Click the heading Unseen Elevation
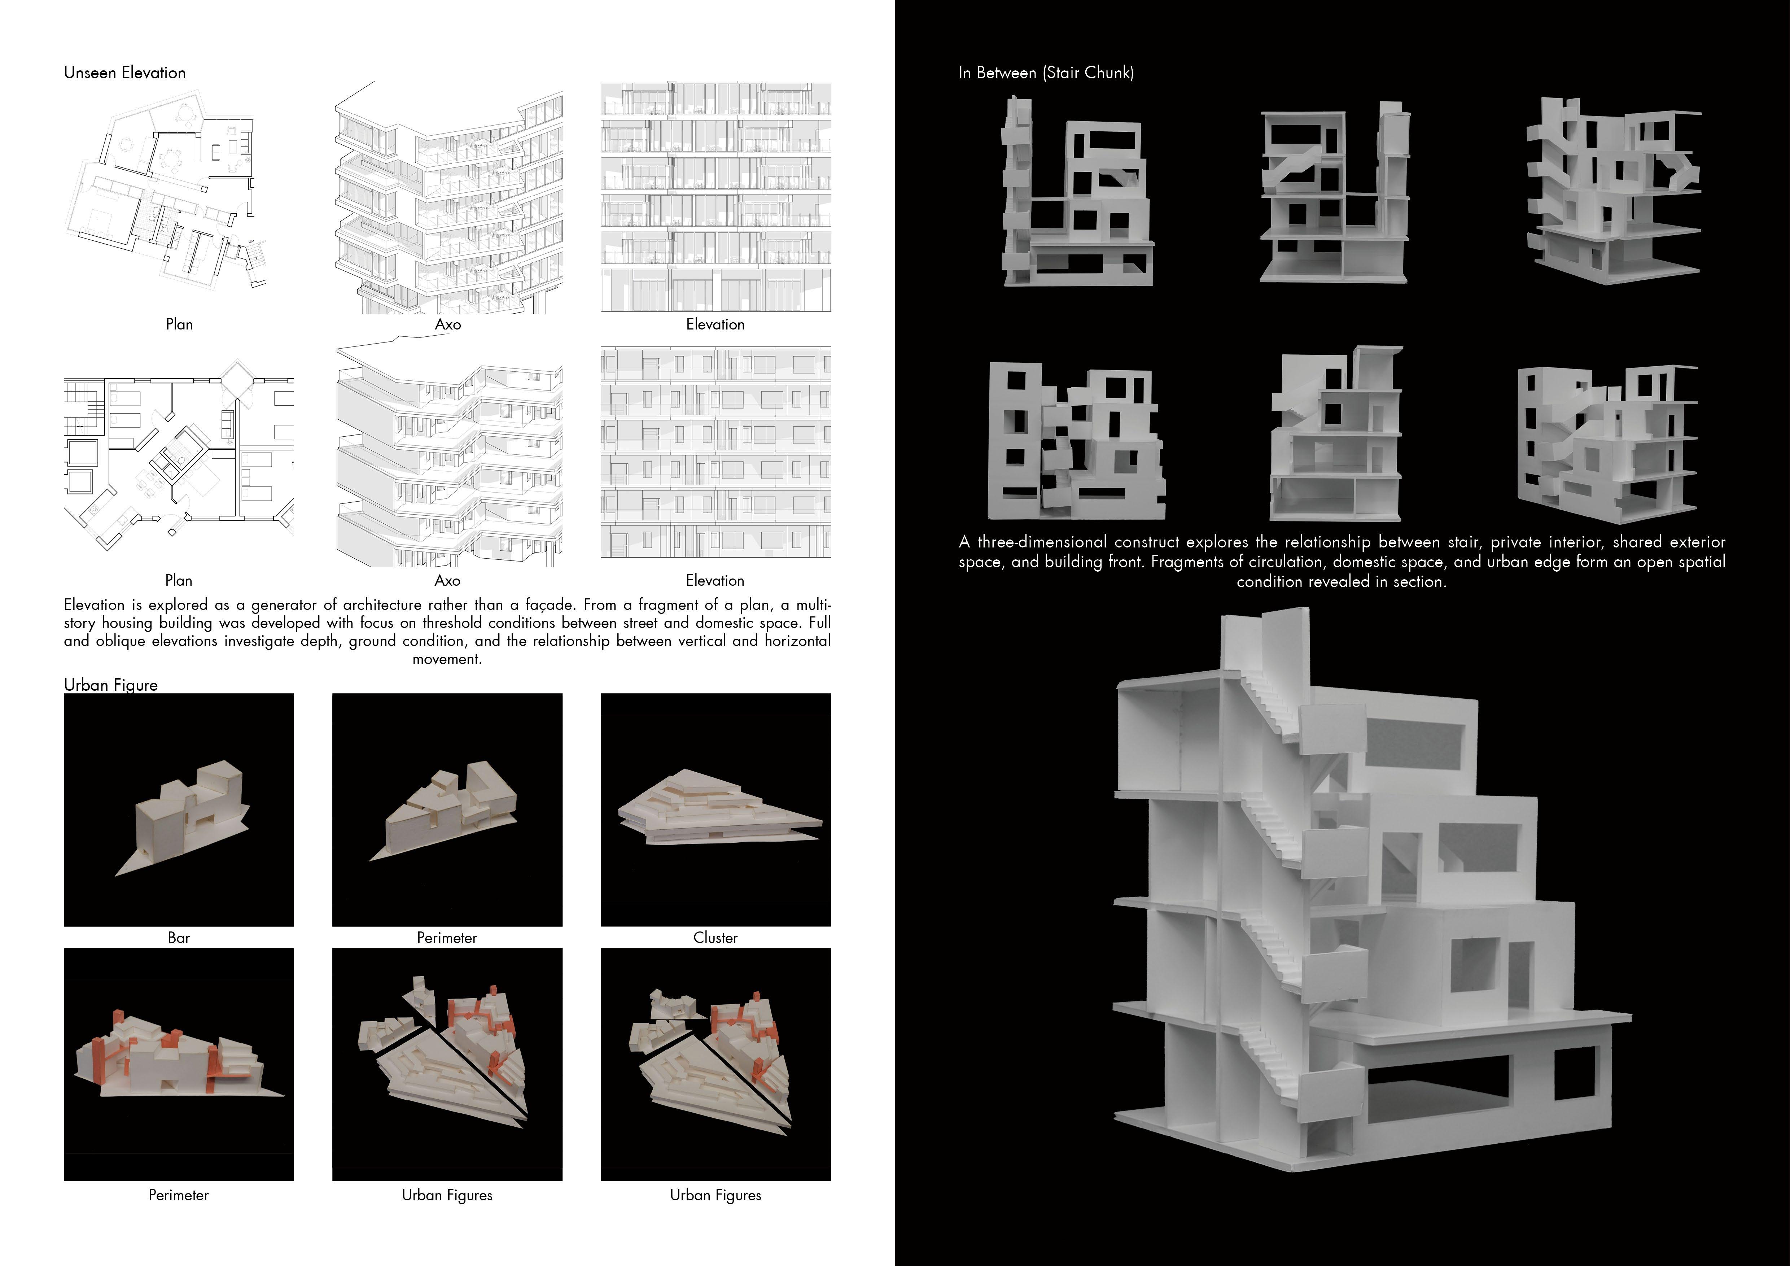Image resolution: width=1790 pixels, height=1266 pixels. pos(125,73)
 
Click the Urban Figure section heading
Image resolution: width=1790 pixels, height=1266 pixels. pos(111,685)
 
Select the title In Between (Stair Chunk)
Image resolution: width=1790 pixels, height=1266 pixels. pos(1046,73)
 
